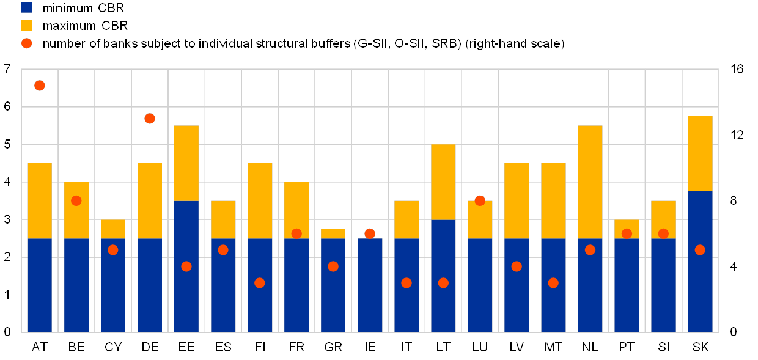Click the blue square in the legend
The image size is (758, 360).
pos(27,7)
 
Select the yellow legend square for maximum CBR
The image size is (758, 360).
pos(27,25)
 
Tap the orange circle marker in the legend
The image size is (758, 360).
pos(27,43)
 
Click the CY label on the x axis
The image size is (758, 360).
pos(113,348)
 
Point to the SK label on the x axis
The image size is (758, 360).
pos(700,348)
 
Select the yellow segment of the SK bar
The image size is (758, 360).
pos(700,153)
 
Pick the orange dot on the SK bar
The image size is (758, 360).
pos(700,250)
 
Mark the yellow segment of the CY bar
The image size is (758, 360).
pos(113,229)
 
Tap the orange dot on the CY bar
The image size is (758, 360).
pos(113,250)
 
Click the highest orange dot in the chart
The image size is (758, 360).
pos(40,86)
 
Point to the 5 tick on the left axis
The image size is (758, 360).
pos(8,144)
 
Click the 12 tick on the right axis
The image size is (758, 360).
pos(737,134)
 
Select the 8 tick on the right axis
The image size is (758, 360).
pos(737,200)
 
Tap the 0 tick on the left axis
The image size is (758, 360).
pos(8,332)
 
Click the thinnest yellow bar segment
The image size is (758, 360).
pos(333,233)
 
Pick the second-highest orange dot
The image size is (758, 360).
pos(150,119)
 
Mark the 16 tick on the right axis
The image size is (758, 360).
pos(737,69)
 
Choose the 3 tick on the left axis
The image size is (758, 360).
pos(8,219)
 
